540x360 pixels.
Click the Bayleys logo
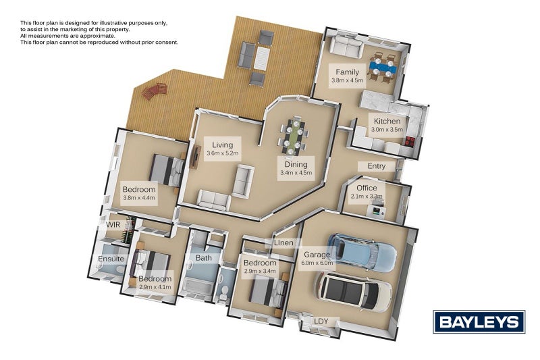tap(479, 322)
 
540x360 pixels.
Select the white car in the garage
tap(353, 292)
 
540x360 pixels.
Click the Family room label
tap(347, 72)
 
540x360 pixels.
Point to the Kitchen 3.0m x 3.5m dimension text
tap(387, 130)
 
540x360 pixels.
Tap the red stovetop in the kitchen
tap(410, 140)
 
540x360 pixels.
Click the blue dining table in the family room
tap(383, 68)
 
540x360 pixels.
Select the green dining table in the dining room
tap(294, 135)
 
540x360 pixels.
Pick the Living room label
tap(223, 145)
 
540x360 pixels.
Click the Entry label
tap(377, 166)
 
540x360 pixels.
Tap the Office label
tap(367, 188)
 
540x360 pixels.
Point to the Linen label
tap(283, 243)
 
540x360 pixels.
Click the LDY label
tap(321, 322)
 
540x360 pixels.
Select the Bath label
tap(204, 258)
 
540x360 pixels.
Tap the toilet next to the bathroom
tap(224, 293)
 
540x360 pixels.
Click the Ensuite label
tap(111, 259)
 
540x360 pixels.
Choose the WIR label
tap(113, 225)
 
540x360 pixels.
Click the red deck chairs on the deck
tap(154, 91)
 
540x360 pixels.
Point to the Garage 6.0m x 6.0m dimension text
tap(317, 263)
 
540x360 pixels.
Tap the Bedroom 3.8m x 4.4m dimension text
tap(139, 198)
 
